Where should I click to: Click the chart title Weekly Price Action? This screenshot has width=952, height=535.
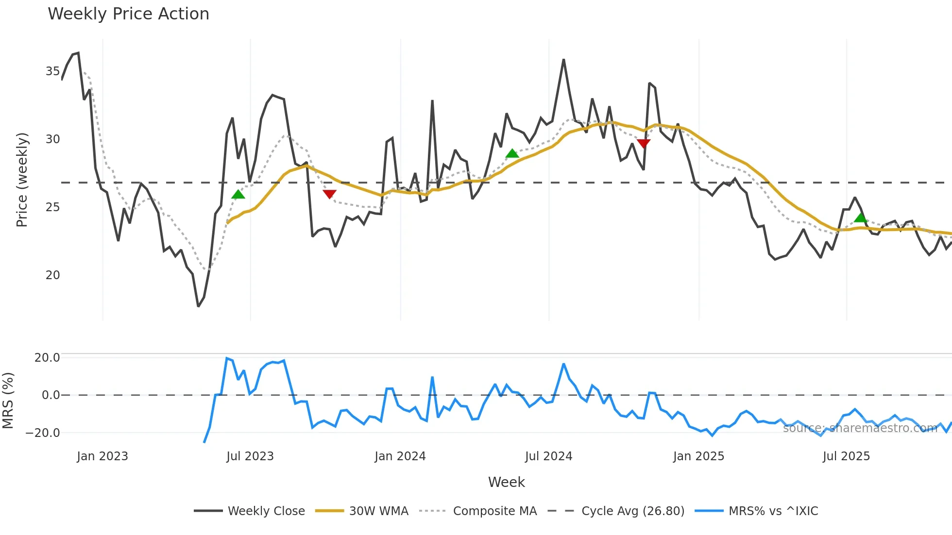tap(128, 14)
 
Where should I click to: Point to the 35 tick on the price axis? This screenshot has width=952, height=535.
tap(52, 71)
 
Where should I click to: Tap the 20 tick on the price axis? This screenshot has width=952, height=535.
tap(52, 275)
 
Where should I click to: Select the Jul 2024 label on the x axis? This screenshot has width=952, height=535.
tap(548, 456)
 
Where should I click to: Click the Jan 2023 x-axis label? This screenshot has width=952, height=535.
tap(102, 456)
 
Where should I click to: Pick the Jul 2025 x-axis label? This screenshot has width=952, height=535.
tap(846, 456)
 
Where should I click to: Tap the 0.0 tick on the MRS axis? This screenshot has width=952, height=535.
tap(51, 395)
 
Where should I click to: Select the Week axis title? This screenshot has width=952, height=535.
tap(506, 482)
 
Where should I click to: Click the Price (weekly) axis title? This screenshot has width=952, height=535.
tap(22, 180)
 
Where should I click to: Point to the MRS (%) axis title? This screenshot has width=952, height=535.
tap(8, 401)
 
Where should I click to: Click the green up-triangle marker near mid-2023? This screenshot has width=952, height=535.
tap(238, 195)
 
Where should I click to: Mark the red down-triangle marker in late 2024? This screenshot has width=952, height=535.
tap(644, 143)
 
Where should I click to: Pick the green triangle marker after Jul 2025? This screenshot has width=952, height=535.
tap(861, 217)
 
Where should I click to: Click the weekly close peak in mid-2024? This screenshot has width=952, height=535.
tap(563, 60)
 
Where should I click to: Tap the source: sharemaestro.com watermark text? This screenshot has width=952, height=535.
tap(860, 428)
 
